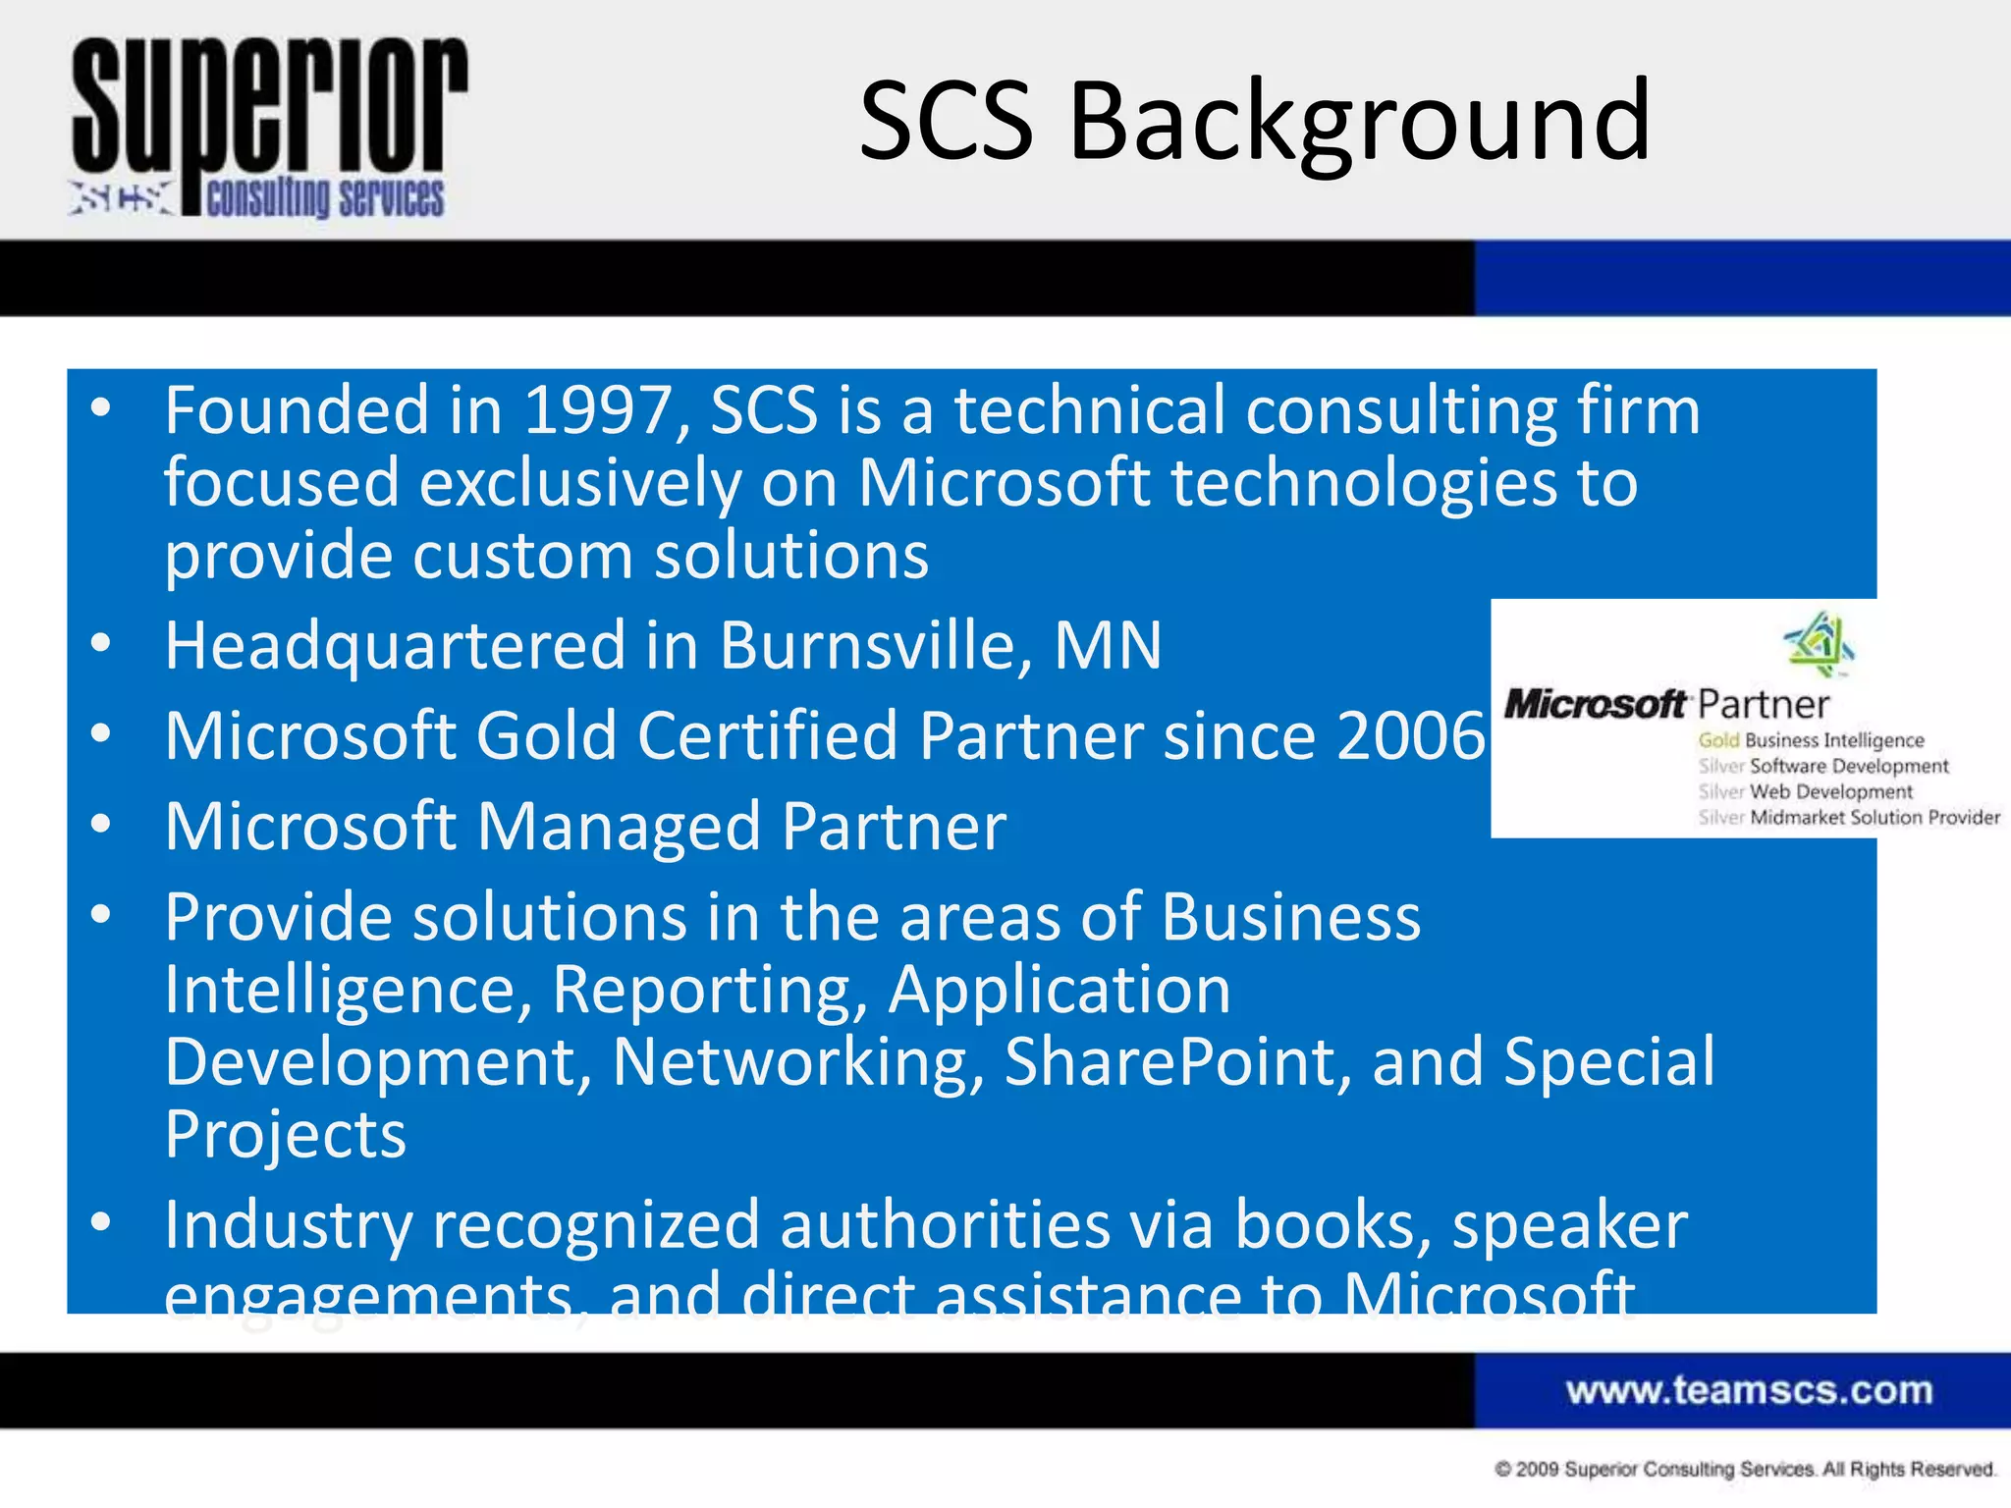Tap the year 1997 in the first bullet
[x=597, y=410]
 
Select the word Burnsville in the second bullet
[x=875, y=646]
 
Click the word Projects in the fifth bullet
[x=285, y=1135]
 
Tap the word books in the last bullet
[x=1332, y=1225]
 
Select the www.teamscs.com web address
[x=1749, y=1390]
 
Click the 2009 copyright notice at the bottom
[x=1745, y=1470]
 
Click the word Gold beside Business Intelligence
[x=1718, y=740]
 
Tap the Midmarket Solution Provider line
[x=1874, y=817]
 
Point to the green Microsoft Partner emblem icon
[x=1820, y=644]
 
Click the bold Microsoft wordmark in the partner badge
[x=1595, y=704]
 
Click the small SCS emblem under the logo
[x=121, y=197]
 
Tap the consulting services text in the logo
[x=325, y=198]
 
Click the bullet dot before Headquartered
[x=100, y=644]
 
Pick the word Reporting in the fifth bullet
[x=709, y=990]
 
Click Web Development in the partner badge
[x=1830, y=791]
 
